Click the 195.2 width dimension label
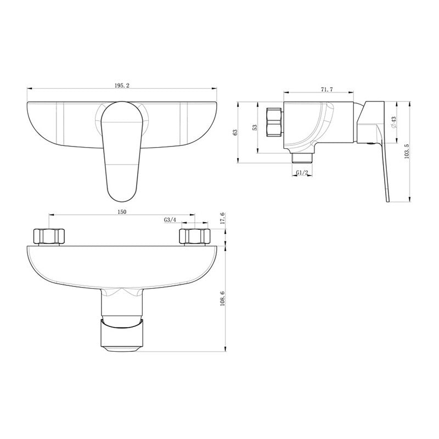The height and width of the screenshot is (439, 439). click(122, 86)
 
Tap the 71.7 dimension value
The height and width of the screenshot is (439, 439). click(327, 89)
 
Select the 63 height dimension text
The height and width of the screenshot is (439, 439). click(235, 132)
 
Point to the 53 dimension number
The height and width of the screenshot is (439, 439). click(255, 127)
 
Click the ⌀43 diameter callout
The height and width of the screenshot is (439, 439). click(394, 122)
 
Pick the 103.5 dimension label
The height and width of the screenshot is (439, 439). click(407, 151)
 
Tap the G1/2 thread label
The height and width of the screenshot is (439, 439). click(302, 173)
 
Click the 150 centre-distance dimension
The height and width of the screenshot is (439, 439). click(122, 212)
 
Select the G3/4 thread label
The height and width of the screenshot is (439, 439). click(170, 220)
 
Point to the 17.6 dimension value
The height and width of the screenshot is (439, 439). click(223, 218)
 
